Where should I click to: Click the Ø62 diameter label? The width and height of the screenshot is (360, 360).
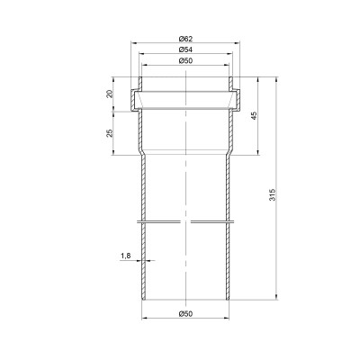pos(185,39)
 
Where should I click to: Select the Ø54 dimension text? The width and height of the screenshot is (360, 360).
pos(185,49)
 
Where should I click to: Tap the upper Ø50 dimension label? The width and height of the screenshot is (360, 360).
pos(185,60)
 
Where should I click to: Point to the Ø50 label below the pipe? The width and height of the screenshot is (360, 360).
pos(185,314)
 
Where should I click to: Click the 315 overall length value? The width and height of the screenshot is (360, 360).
pos(272,194)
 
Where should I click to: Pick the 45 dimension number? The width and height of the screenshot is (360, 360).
pos(254,116)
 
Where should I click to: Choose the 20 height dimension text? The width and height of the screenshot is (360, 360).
pos(110,94)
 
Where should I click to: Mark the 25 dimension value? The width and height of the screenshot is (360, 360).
pos(110,133)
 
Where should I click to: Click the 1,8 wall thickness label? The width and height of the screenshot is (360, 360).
pos(126,256)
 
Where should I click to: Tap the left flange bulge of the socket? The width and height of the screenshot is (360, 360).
pos(134,101)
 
